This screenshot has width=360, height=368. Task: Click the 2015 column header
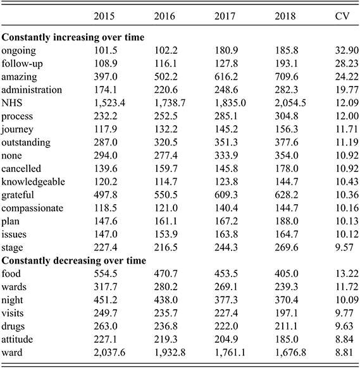tap(104, 16)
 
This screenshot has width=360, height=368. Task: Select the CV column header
tap(342, 16)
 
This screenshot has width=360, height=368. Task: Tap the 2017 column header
tap(225, 16)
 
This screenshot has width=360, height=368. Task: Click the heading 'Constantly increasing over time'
tap(73, 37)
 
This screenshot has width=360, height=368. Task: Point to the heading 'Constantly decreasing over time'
tap(74, 261)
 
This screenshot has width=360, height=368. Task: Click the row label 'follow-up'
tap(22, 64)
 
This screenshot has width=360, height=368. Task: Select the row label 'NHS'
tap(12, 103)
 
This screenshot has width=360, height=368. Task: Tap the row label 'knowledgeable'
tap(33, 182)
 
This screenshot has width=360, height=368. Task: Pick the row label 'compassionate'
tap(32, 209)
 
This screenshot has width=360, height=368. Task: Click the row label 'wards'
tap(14, 287)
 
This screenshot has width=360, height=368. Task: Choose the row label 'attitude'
tap(17, 340)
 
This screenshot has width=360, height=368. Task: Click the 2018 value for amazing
tap(287, 77)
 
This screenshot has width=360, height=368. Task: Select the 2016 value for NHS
tap(170, 103)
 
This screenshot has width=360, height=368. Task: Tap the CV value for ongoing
tap(347, 51)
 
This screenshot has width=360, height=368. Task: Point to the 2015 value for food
tap(106, 274)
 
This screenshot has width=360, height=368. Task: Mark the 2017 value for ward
tap(230, 353)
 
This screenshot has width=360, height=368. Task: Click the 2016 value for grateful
tap(166, 195)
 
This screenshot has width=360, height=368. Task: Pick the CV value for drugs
tap(344, 326)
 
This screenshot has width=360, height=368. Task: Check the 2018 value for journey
tap(287, 130)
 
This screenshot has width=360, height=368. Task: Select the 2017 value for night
tap(226, 300)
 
